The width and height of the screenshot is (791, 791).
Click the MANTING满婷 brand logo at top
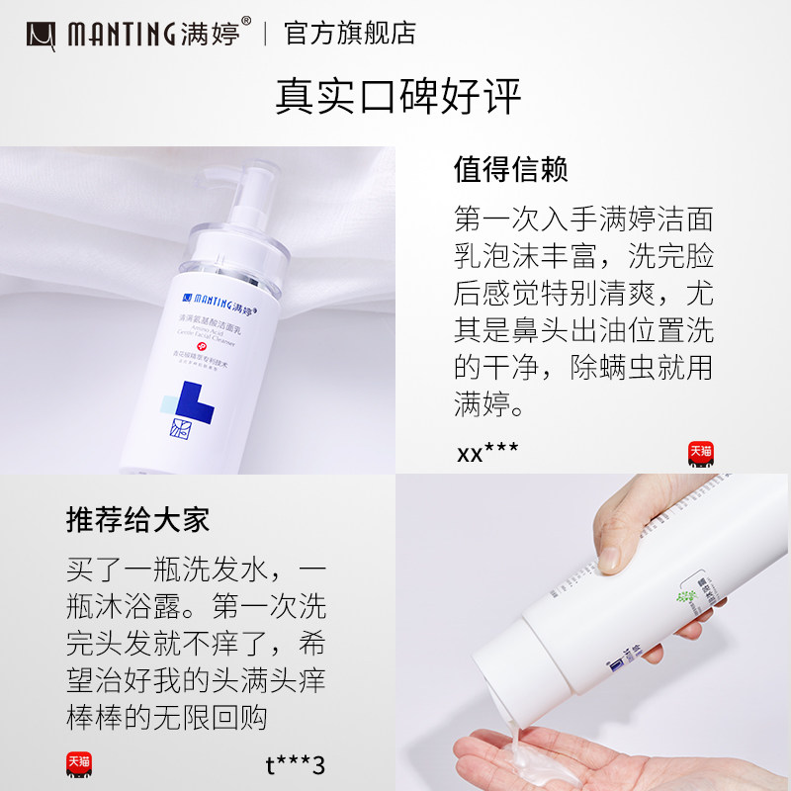138,34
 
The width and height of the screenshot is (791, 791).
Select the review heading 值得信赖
510,169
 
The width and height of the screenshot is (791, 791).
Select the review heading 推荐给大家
137,520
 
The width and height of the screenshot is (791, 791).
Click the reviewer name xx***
487,454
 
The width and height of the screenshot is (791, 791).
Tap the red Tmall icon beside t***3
79,764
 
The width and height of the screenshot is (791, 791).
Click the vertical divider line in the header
265,34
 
